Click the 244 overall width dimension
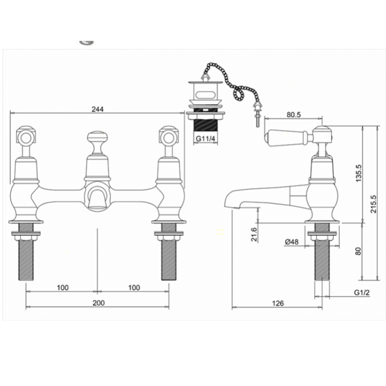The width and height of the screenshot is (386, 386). (x=97, y=109)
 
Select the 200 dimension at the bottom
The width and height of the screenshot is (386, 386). (x=98, y=303)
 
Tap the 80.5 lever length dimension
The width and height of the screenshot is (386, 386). (x=293, y=115)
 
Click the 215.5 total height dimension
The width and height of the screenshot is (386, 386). (x=373, y=203)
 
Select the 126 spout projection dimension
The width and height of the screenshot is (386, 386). (x=277, y=303)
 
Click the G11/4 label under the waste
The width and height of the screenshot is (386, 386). (x=205, y=138)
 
